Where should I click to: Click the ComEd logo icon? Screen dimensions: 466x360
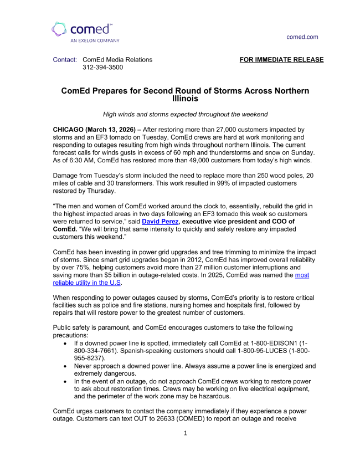60,29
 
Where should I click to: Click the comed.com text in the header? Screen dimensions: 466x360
302,37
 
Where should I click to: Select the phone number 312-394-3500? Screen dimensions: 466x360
102,68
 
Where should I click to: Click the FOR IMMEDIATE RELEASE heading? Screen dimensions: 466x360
281,60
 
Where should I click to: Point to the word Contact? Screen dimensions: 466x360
65,60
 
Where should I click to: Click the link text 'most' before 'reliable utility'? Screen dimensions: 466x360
302,275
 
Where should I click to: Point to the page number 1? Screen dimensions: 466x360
186,433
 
